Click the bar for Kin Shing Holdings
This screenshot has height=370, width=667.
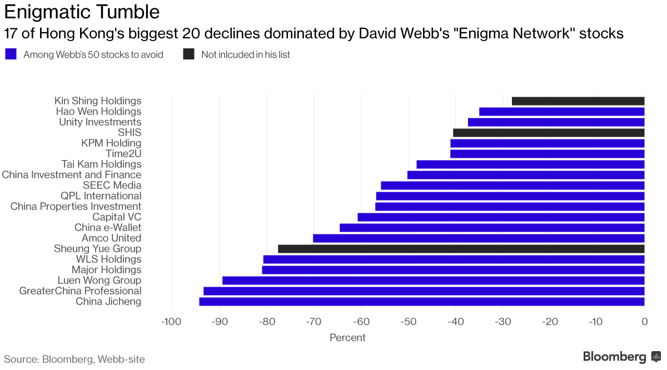[x=578, y=101]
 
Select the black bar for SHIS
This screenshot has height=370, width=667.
[x=549, y=133]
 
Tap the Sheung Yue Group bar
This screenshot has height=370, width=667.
[x=461, y=249]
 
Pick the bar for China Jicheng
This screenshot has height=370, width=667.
[x=422, y=302]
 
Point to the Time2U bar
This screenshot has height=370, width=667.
[x=547, y=154]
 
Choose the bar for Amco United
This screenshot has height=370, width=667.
[x=479, y=238]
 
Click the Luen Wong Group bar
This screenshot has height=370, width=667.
[x=434, y=281]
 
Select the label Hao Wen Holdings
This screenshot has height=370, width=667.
[x=98, y=112]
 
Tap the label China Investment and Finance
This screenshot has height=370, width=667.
[x=72, y=175]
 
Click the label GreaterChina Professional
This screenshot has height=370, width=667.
[x=80, y=291]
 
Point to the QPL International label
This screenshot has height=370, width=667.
[x=101, y=196]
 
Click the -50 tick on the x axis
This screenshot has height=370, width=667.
[x=408, y=322]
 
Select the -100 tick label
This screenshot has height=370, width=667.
[x=171, y=322]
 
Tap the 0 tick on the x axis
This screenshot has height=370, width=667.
[x=644, y=322]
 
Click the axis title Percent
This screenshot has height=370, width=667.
[x=347, y=338]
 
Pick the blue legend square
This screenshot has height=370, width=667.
[x=11, y=54]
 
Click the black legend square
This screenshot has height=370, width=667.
[x=189, y=54]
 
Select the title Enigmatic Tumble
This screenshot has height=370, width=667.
[x=82, y=12]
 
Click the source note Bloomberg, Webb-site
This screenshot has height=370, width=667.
[x=74, y=359]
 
